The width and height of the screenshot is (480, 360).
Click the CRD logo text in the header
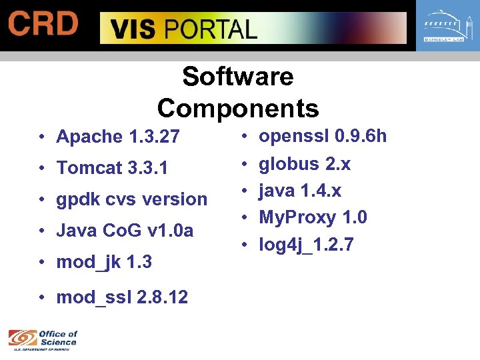click(43, 25)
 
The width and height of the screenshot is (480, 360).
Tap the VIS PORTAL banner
click(253, 29)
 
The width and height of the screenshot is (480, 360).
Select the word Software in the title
click(237, 77)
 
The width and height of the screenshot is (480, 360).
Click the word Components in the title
click(238, 108)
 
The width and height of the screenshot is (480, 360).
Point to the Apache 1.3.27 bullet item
click(118, 137)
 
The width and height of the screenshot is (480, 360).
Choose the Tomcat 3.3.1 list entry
click(112, 168)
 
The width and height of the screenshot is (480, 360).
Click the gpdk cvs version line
click(132, 199)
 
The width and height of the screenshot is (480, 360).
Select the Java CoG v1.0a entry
click(125, 231)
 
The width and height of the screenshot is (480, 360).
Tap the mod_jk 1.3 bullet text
click(104, 262)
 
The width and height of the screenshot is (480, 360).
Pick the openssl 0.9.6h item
click(323, 137)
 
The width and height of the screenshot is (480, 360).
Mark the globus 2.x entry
click(305, 164)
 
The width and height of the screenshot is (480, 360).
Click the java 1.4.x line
click(300, 191)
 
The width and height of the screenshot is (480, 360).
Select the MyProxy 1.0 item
click(313, 217)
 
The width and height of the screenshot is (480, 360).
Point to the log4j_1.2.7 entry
click(306, 245)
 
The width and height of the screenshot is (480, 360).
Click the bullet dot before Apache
click(41, 138)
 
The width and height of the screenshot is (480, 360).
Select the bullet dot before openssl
click(245, 137)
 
